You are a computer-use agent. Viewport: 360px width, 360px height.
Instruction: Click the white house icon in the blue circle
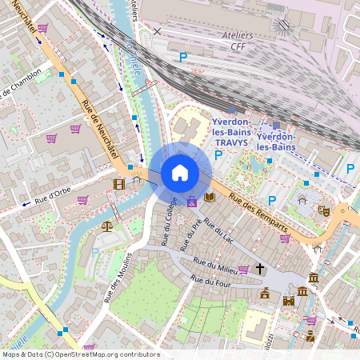(x=180, y=173)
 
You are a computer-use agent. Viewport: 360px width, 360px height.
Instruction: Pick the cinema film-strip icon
(x=119, y=185)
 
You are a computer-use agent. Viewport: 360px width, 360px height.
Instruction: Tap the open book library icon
(x=210, y=197)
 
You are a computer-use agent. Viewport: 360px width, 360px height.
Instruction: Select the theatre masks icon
(x=324, y=210)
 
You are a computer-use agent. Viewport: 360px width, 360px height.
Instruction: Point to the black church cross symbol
(x=259, y=270)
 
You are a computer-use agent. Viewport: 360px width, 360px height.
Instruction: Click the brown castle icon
(x=289, y=301)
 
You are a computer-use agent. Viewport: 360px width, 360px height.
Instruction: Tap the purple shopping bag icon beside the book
(x=192, y=201)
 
